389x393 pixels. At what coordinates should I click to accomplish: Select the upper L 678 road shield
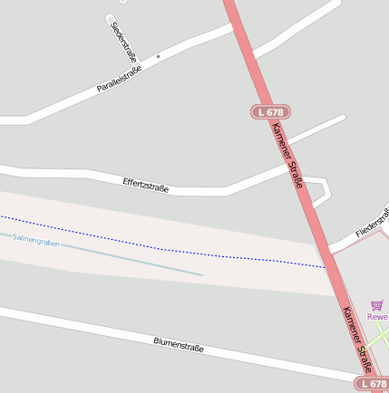[x=269, y=111]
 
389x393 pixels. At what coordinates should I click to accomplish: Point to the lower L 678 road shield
[x=372, y=384]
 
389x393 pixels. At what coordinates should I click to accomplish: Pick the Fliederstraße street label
[x=373, y=224]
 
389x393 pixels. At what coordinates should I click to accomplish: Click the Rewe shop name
[x=377, y=317]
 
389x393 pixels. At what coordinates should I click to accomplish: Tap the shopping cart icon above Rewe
[x=377, y=306]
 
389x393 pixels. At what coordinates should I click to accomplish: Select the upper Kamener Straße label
[x=287, y=155]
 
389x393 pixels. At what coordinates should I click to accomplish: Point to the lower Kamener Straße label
[x=356, y=338]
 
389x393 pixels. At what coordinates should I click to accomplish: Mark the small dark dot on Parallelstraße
[x=158, y=56]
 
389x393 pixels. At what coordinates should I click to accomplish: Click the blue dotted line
[x=163, y=248]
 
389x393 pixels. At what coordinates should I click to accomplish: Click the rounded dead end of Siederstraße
[x=111, y=18]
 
